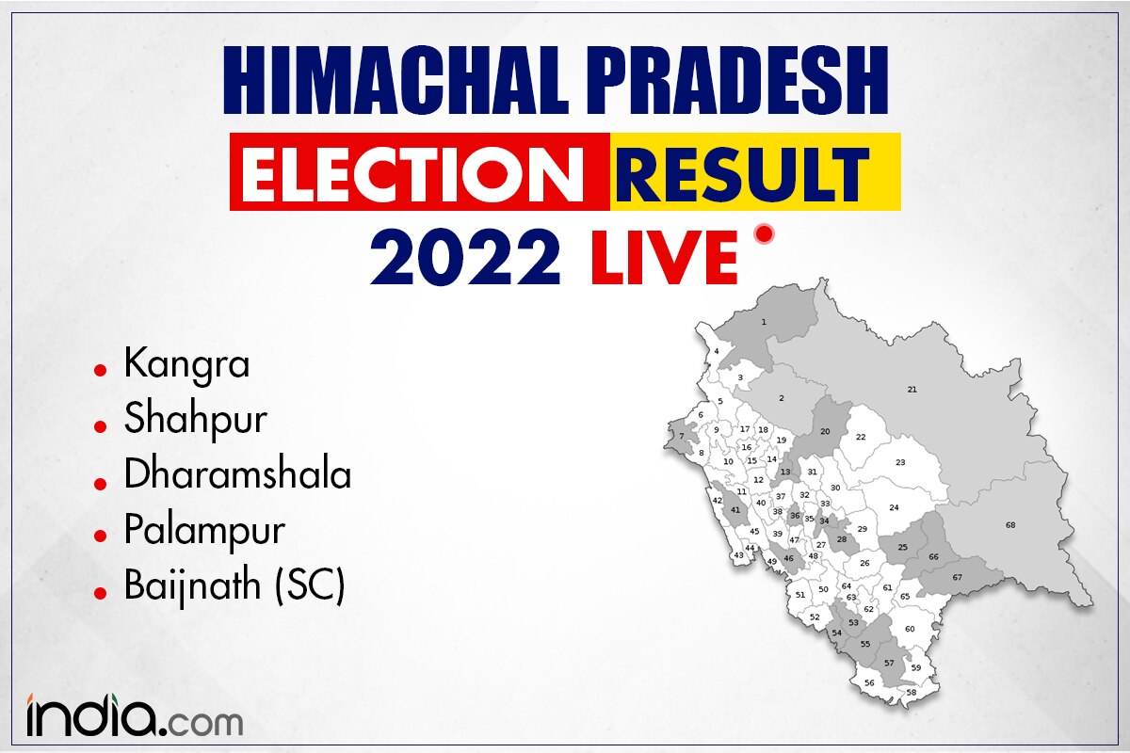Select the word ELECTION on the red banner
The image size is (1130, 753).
tap(412, 172)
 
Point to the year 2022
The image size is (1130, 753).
tap(465, 258)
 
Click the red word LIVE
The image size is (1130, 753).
tap(665, 258)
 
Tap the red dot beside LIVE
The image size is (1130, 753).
tap(764, 234)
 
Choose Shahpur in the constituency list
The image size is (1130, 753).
tap(196, 421)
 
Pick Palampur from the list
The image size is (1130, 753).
tap(204, 532)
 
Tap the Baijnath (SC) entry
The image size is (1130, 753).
tap(234, 586)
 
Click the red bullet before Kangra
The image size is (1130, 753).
tap(101, 371)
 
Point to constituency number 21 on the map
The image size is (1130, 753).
tap(912, 390)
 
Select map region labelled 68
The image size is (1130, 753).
tap(1010, 525)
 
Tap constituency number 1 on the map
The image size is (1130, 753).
tap(764, 322)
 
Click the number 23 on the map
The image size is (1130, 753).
tap(900, 462)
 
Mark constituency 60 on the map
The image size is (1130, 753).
tap(910, 629)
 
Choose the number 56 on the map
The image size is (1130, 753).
tap(869, 683)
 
